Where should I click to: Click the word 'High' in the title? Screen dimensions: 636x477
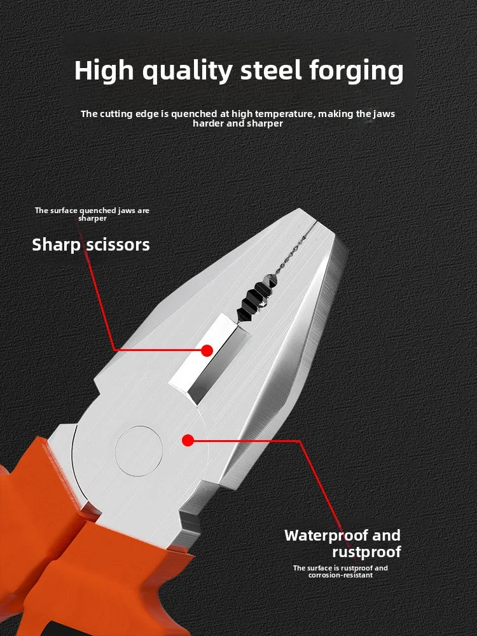point(104,71)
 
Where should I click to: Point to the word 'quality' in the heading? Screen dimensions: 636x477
point(188,71)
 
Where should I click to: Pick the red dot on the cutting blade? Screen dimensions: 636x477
point(207,350)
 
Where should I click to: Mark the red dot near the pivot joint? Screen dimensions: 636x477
point(187,439)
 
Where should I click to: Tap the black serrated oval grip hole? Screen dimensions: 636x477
point(256,296)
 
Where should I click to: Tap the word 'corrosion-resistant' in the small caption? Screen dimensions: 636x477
point(340,575)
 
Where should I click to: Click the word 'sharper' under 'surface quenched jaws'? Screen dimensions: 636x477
point(92,218)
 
